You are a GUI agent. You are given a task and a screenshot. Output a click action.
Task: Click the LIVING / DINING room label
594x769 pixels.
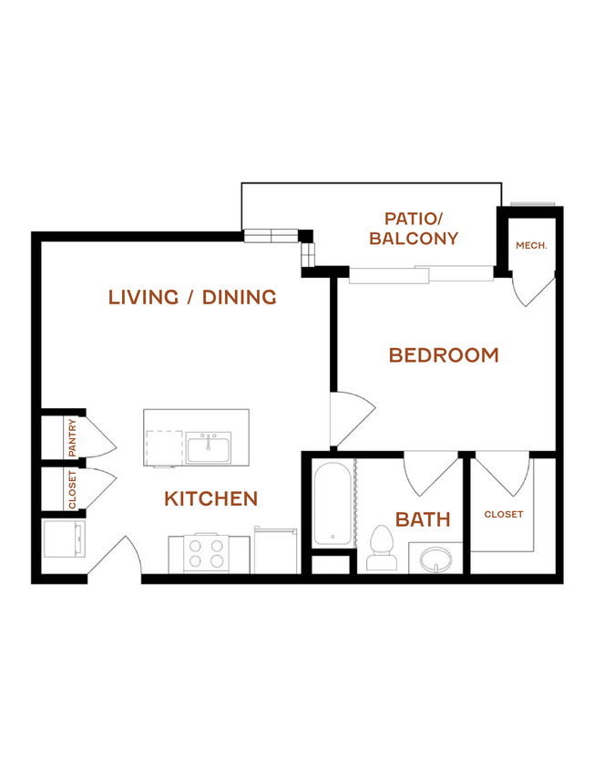(192, 297)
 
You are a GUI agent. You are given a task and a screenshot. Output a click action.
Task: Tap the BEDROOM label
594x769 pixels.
(444, 355)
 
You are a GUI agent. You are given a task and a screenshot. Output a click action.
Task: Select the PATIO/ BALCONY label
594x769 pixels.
(414, 229)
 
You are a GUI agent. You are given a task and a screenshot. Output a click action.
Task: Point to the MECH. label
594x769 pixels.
(531, 245)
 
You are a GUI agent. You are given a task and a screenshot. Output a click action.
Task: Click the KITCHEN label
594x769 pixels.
(211, 498)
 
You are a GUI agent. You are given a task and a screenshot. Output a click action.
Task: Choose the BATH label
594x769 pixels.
(423, 519)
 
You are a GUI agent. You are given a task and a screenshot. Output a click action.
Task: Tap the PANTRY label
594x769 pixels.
(72, 437)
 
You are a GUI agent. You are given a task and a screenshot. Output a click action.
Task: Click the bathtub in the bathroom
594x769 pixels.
(333, 504)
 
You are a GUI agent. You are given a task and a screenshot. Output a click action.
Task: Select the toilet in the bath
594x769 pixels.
(382, 548)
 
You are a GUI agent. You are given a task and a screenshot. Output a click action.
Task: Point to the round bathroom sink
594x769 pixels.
(436, 559)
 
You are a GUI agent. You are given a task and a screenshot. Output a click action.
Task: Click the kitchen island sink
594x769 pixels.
(209, 447)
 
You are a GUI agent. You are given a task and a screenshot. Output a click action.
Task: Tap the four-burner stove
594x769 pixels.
(206, 553)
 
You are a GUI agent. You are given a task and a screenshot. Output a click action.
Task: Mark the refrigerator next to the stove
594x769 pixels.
(275, 550)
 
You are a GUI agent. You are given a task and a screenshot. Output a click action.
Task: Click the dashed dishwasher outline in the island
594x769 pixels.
(164, 448)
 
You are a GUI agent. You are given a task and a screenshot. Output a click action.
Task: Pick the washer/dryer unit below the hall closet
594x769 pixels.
(65, 538)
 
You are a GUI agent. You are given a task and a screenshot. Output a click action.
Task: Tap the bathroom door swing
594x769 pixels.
(431, 473)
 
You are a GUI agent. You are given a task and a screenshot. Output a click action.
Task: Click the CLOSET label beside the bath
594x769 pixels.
(503, 515)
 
